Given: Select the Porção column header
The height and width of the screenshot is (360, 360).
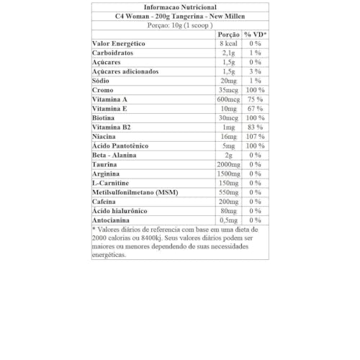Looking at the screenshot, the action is click(x=228, y=35).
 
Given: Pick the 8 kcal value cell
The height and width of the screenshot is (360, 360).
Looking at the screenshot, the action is click(x=228, y=44).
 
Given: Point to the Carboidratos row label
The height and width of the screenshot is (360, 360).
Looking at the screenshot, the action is click(x=114, y=53).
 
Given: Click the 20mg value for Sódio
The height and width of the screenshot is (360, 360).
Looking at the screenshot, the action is click(x=228, y=81).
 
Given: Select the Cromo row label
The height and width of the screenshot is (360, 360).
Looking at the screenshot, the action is click(x=103, y=91).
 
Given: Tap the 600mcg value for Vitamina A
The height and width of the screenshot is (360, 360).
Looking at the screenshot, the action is click(x=228, y=99).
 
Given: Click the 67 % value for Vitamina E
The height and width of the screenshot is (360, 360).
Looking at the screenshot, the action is click(x=254, y=109).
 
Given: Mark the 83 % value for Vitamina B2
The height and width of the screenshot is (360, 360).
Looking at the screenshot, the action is click(x=254, y=127).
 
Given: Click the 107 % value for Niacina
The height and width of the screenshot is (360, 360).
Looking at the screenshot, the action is click(x=254, y=137).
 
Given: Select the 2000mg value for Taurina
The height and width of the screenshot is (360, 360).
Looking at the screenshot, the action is click(x=228, y=165).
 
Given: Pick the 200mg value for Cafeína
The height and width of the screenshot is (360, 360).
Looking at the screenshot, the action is click(x=228, y=202).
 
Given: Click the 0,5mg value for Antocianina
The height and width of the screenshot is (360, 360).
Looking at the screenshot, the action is click(x=228, y=220).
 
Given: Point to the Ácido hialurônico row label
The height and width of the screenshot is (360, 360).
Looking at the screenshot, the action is click(x=120, y=212).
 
